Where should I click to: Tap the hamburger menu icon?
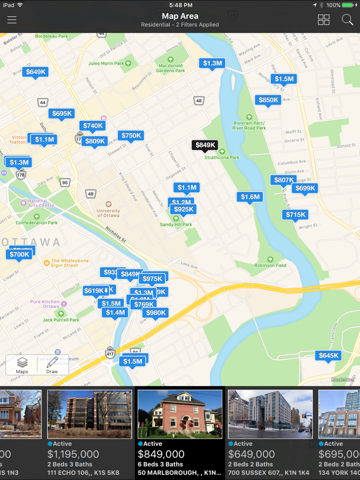(12, 20)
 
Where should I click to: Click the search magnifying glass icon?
(347, 20)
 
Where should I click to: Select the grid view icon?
(323, 20)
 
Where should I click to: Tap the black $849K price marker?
(205, 145)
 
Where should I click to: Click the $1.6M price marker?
(250, 197)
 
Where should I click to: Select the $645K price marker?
(328, 356)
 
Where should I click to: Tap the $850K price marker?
(268, 100)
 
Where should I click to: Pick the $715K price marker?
(295, 215)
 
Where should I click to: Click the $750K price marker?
(131, 136)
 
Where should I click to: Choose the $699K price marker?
(305, 189)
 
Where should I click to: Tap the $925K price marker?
(184, 209)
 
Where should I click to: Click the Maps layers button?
(22, 365)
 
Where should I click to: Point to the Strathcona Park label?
(222, 157)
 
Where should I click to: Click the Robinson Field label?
(271, 265)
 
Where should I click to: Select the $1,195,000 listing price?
(74, 454)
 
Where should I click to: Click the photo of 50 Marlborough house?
(180, 414)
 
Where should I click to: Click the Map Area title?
(180, 16)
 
